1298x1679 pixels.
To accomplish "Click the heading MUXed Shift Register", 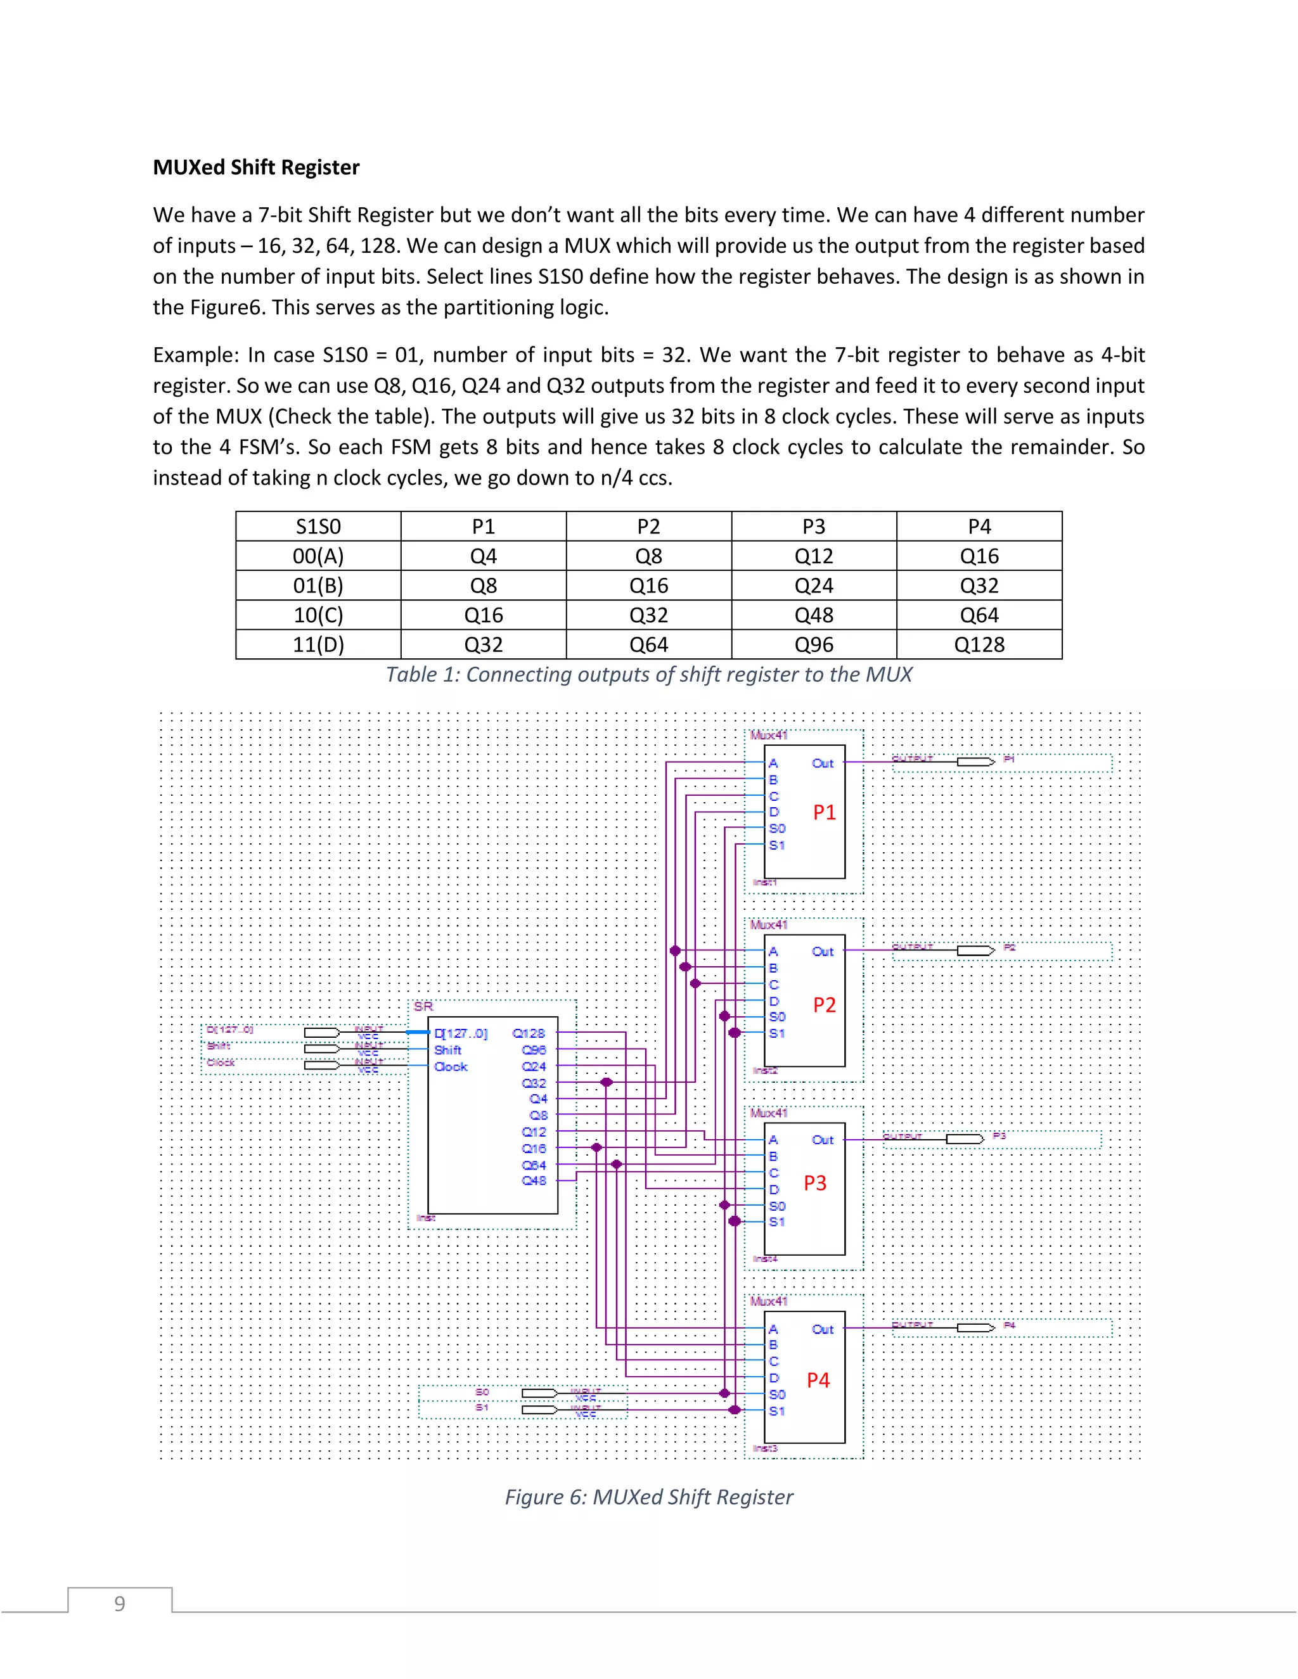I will point(256,168).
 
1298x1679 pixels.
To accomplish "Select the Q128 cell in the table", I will point(979,645).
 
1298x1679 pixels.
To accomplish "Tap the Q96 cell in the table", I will point(814,645).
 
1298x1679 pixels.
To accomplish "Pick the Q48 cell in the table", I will point(814,616).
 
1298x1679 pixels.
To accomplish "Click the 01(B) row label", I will point(318,586).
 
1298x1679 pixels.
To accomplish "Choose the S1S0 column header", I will point(318,527).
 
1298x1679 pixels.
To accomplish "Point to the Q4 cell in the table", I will point(483,556).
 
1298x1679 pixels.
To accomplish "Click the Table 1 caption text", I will point(648,674).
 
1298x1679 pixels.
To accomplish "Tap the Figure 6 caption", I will point(648,1497).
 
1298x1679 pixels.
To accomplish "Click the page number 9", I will point(119,1604).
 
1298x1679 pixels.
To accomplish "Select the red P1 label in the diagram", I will point(825,813).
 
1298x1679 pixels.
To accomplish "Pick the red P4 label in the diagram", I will point(818,1381).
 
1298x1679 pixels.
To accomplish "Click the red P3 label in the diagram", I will point(815,1183).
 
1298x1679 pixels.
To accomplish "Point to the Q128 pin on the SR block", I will point(529,1033).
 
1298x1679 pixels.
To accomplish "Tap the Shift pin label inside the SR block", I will point(447,1050).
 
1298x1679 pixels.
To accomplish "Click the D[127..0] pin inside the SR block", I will point(461,1033).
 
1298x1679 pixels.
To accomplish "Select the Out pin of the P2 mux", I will point(822,952).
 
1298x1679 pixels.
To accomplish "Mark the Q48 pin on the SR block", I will point(534,1181).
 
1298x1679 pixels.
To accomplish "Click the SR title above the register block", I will point(423,1006).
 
